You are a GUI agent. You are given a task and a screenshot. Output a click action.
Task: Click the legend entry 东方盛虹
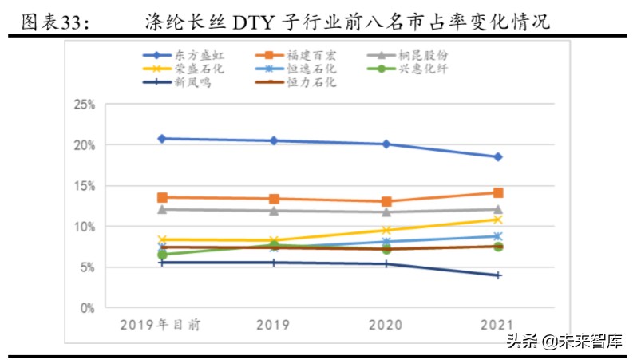coord(192,56)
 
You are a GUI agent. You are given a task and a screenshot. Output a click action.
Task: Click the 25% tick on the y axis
coord(84,105)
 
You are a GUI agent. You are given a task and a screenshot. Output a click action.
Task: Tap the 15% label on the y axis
coord(84,186)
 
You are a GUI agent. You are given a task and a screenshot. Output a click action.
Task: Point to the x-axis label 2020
coord(386,324)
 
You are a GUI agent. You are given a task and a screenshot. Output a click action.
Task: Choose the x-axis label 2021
coord(498,324)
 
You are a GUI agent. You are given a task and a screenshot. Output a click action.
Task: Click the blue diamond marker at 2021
coord(498,157)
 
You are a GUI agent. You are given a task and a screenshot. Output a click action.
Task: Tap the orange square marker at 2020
coord(386,202)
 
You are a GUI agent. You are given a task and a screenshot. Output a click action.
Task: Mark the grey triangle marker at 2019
coord(274,211)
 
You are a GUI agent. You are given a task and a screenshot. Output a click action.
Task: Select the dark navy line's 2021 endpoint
coord(498,275)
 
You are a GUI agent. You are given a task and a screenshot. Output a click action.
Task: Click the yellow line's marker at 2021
coord(498,220)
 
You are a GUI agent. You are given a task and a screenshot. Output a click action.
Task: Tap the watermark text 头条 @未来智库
coord(562,342)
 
